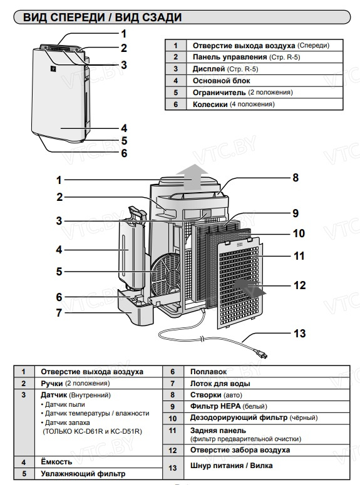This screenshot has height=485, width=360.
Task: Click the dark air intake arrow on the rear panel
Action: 249,286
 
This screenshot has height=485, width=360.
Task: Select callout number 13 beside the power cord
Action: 300,334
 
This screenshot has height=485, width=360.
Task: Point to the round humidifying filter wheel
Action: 166,272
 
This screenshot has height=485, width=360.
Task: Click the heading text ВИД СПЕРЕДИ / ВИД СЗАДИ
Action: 103,18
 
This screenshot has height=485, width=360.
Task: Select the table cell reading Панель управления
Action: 230,57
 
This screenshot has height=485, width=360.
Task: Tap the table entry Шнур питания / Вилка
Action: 231,466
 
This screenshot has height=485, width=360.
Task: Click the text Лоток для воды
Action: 220,384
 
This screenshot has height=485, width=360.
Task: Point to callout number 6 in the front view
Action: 124,153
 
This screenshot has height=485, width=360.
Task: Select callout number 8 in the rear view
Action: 296,178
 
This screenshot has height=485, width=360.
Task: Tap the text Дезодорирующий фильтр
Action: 239,418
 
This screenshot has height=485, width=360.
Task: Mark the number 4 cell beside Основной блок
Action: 175,81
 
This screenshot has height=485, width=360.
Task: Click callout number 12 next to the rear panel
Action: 300,285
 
